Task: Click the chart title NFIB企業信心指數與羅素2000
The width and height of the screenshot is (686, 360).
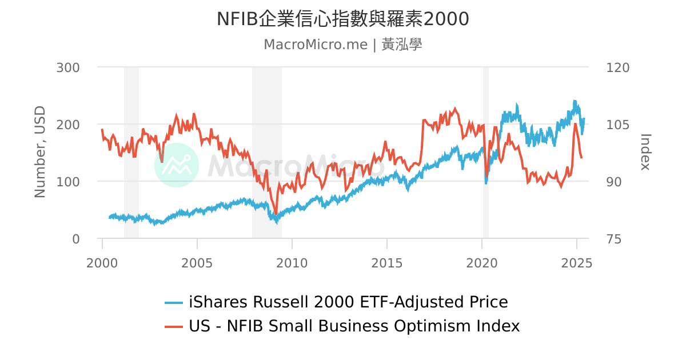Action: click(342, 19)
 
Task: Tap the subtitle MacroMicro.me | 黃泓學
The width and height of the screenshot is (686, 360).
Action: click(342, 45)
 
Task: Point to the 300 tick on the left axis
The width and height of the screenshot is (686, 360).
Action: click(68, 67)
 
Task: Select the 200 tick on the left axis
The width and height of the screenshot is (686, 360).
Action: click(68, 125)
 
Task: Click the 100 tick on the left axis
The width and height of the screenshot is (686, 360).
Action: click(68, 182)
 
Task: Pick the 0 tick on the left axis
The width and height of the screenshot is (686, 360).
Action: click(75, 239)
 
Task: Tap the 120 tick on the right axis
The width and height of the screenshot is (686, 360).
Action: click(617, 67)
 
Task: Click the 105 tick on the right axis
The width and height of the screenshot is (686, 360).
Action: click(617, 125)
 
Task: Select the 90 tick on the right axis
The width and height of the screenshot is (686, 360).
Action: click(613, 182)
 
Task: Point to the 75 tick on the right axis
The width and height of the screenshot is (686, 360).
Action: click(613, 239)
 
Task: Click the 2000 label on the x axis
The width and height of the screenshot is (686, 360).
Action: click(102, 263)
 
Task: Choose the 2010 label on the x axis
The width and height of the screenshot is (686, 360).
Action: click(292, 263)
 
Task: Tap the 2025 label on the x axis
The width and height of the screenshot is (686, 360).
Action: click(576, 263)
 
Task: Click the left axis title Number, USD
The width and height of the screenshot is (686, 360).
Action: click(39, 152)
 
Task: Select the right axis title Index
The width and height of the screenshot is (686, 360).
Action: click(645, 152)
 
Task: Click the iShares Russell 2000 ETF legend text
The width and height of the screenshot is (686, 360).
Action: click(348, 302)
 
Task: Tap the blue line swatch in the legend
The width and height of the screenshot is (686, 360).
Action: click(174, 302)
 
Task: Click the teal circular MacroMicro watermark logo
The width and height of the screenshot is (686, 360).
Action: click(177, 165)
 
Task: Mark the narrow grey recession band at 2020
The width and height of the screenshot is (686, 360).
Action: click(486, 152)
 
